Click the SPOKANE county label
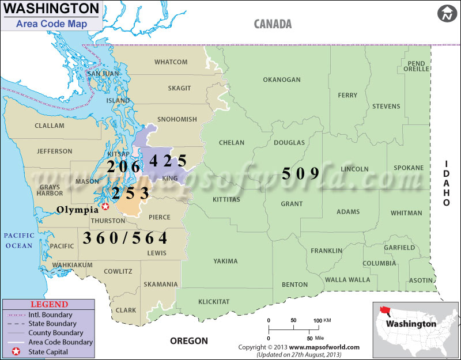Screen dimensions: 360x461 coord(409,168)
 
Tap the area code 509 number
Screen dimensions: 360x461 coord(300,173)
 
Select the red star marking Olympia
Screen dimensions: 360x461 coord(105,206)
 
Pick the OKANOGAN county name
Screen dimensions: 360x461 coord(282,79)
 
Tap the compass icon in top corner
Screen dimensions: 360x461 coord(447,14)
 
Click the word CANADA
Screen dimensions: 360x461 coord(273,24)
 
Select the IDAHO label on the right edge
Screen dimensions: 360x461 coord(447,183)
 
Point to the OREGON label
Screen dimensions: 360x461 coord(188,341)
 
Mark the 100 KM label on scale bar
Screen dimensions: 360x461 coord(320,320)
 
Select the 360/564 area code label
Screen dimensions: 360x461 coord(125,237)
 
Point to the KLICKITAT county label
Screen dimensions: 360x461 coord(214,302)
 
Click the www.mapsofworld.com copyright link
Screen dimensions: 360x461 coord(324,347)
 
